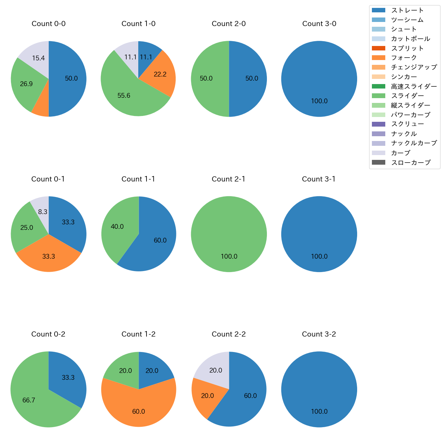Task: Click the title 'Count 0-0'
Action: tap(49, 24)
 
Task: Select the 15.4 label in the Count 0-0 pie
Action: tap(38, 58)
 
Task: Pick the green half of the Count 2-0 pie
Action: tap(208, 79)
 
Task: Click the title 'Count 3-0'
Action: tap(319, 24)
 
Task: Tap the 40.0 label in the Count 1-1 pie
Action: tap(117, 227)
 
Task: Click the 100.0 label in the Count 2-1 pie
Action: tap(229, 257)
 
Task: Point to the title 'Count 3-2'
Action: tap(319, 334)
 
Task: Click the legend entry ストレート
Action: tap(407, 10)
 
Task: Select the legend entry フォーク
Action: tap(404, 58)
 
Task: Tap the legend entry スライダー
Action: tap(407, 96)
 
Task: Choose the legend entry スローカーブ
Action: tap(410, 162)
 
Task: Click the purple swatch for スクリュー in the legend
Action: tap(378, 124)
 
